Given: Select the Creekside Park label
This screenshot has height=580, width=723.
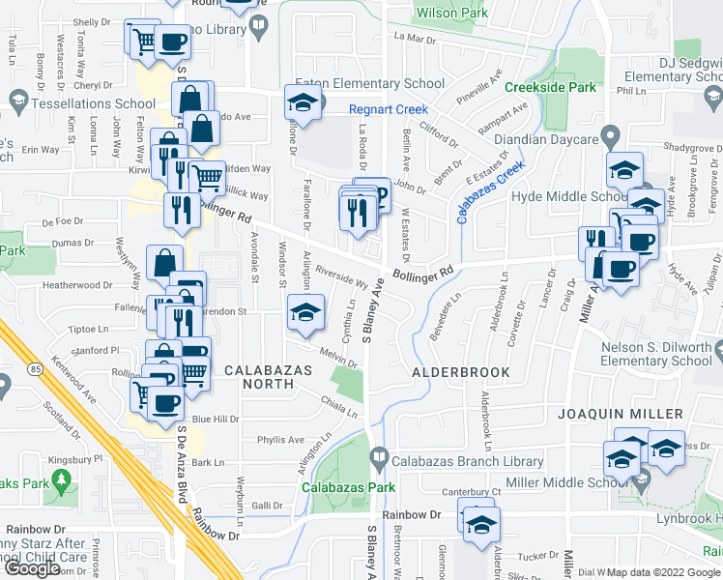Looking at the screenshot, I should point(554,87).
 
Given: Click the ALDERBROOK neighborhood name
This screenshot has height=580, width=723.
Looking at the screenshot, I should point(448,371).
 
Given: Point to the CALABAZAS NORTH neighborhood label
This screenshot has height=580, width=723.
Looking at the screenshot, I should point(259,377).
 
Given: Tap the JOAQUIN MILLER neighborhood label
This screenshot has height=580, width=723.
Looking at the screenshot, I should point(613,414).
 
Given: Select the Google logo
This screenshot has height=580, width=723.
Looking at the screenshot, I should point(32,568).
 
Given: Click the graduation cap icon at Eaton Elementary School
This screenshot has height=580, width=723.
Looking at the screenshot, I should point(303,102).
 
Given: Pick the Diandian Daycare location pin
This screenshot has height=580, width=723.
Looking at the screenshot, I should point(610,134).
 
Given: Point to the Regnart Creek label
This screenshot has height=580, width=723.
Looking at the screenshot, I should point(388,109).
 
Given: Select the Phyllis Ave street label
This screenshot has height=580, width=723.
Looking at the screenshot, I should point(281,440).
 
